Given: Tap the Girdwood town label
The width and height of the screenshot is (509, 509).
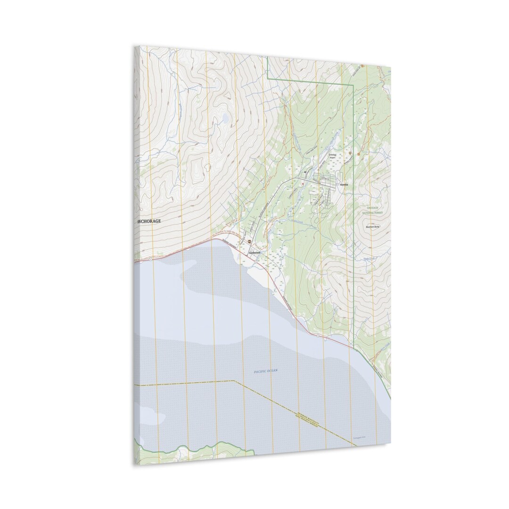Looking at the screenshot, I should click(x=255, y=253).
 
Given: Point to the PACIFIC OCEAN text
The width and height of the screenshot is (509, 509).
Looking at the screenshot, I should click(x=266, y=371).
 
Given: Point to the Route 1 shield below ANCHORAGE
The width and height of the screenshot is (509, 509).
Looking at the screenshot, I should click(x=150, y=259).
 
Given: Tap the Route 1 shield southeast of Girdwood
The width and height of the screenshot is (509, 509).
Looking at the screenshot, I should click(x=319, y=336).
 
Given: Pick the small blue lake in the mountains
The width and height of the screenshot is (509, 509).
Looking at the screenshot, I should click(x=226, y=116).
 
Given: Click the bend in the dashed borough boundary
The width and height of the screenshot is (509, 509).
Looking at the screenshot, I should click(x=234, y=381).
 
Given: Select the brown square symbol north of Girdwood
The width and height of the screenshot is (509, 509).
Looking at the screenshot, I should click(x=249, y=241).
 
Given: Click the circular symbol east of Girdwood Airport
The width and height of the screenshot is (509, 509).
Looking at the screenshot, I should click(x=350, y=153).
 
